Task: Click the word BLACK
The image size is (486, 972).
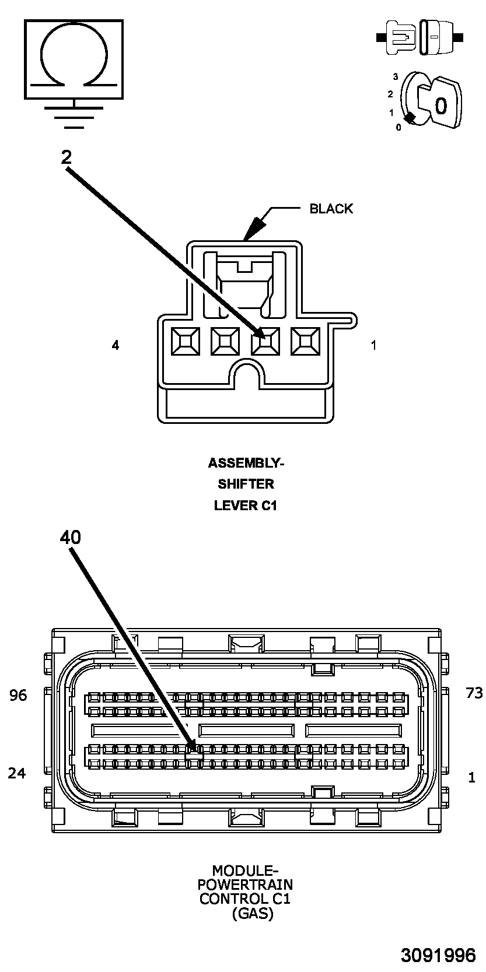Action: click(x=331, y=209)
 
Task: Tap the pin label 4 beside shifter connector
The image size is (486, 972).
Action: click(x=116, y=345)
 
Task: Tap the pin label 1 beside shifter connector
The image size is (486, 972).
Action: click(x=373, y=345)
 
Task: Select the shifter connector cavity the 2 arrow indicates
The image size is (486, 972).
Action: click(x=265, y=342)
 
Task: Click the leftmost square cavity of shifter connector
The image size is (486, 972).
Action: click(x=185, y=342)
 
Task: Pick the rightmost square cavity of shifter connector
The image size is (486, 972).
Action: click(x=306, y=342)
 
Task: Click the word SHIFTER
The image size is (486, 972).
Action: click(x=246, y=483)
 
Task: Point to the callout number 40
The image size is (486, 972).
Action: click(x=70, y=537)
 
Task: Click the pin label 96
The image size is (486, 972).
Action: click(x=18, y=695)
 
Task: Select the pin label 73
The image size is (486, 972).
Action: click(x=474, y=693)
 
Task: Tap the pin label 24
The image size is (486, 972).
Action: click(x=17, y=773)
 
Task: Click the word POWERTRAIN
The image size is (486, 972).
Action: click(x=245, y=885)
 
